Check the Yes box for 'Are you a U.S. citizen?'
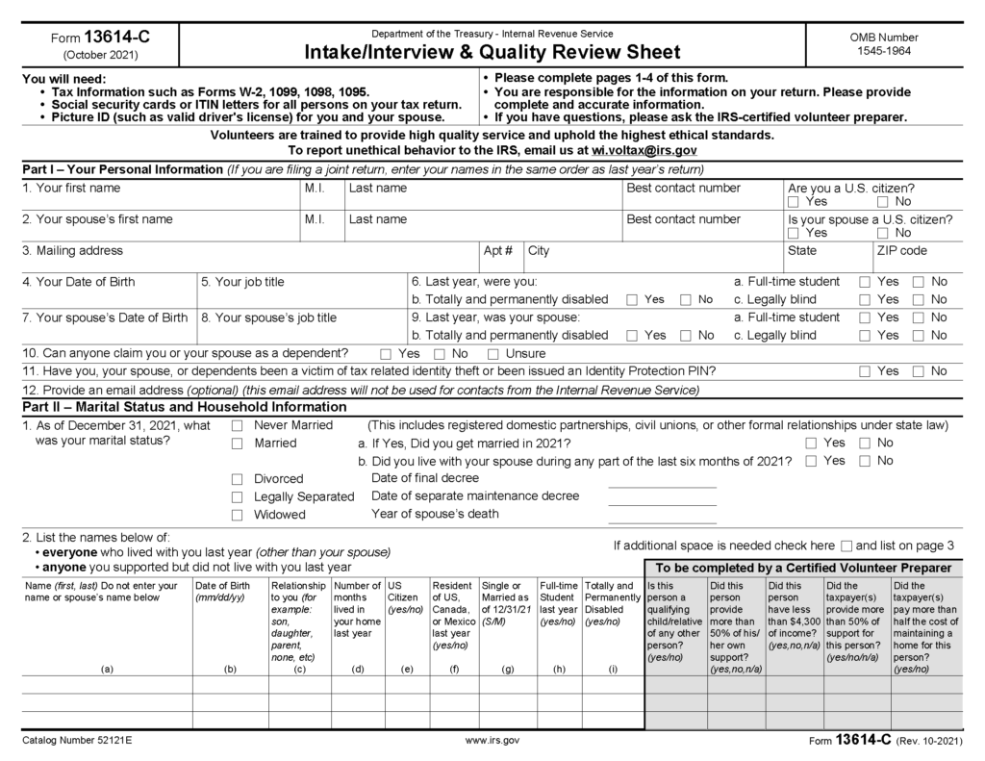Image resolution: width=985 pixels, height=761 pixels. click(x=794, y=203)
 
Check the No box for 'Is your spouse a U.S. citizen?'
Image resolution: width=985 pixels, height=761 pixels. click(x=883, y=233)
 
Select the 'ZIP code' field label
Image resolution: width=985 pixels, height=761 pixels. click(x=900, y=251)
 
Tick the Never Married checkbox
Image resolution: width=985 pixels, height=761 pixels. click(x=238, y=425)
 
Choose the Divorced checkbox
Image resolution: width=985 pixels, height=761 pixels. click(x=238, y=479)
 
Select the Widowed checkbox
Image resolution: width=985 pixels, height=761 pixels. click(x=238, y=515)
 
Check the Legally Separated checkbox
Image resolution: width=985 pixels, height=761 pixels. click(x=238, y=496)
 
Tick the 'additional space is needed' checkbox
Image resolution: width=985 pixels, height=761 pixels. click(x=846, y=545)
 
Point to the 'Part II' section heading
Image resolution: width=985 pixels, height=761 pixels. click(x=184, y=406)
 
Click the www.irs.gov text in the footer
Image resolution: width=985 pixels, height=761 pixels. click(x=492, y=741)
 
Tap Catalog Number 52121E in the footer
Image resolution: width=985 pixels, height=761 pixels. click(x=78, y=741)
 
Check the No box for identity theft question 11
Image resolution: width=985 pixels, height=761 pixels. click(x=919, y=371)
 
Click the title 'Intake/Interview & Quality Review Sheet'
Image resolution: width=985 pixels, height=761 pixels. click(x=492, y=52)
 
